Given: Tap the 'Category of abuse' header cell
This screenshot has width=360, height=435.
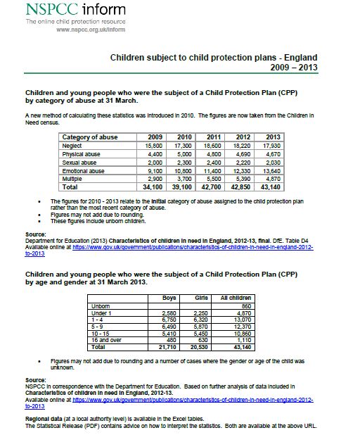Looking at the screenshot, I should tap(90, 137).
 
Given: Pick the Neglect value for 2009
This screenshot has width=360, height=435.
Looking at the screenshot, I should tap(154, 144).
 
